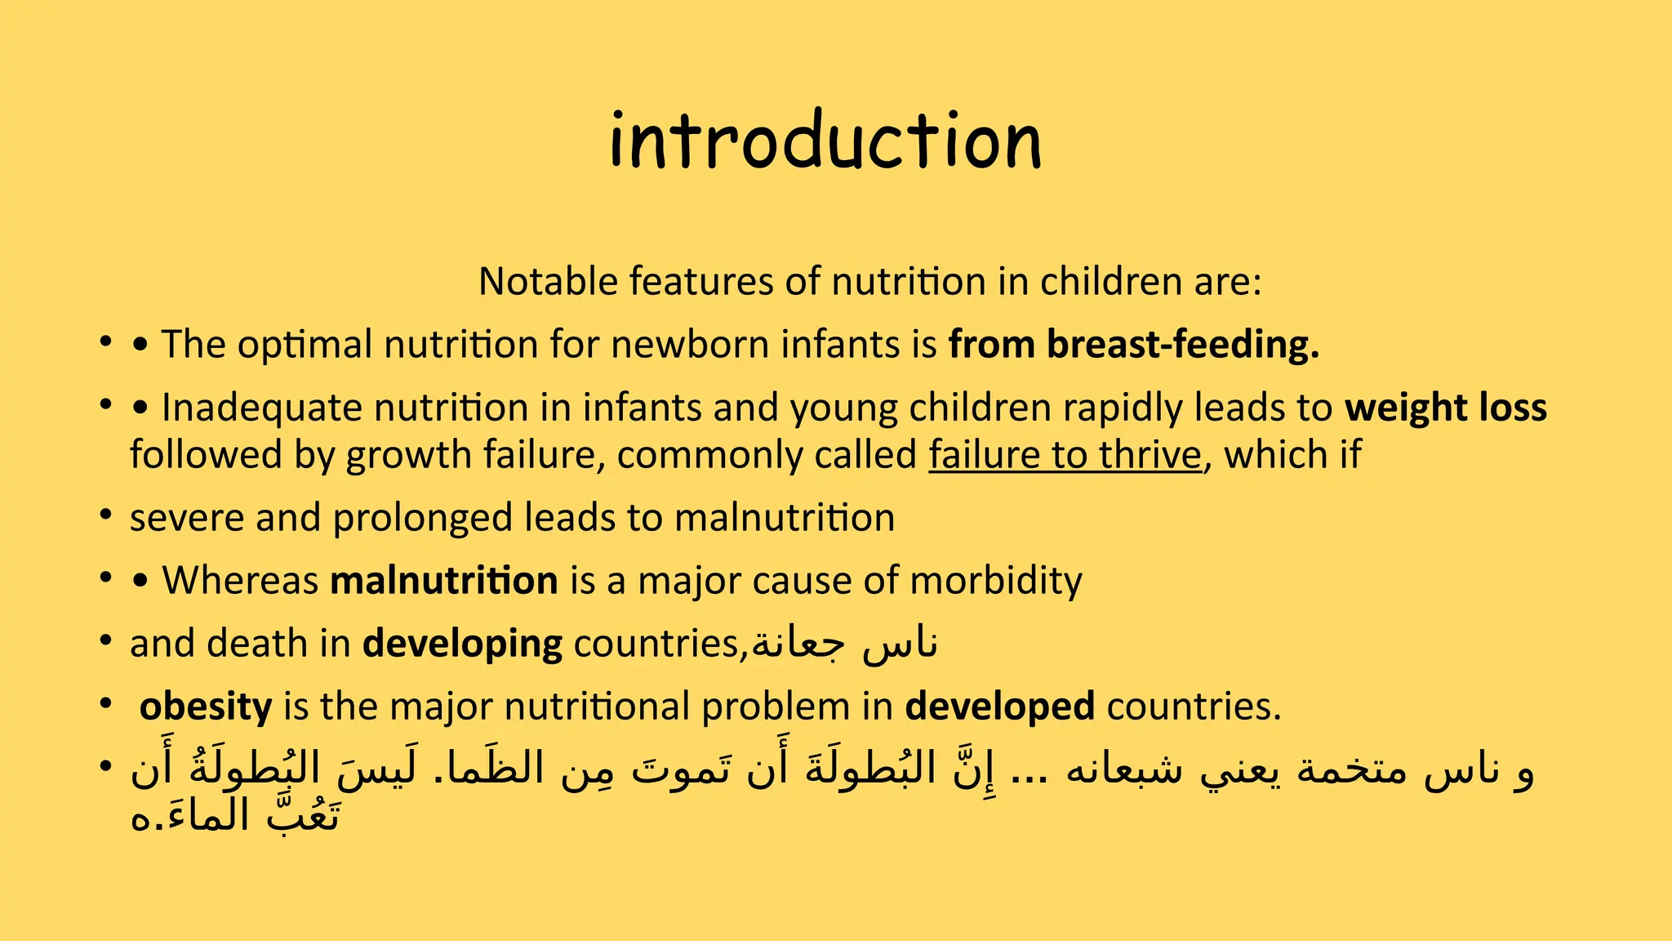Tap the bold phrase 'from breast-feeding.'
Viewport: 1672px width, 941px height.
[x=1133, y=344]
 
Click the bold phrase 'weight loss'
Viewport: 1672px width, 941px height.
[x=1445, y=408]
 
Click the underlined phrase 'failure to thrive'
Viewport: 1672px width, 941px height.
[x=1065, y=455]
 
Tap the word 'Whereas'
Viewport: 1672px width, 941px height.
[x=240, y=581]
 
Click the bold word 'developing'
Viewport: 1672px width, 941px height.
[x=462, y=644]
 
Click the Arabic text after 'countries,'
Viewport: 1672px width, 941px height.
[x=844, y=644]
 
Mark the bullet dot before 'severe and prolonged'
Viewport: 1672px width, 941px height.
[x=105, y=515]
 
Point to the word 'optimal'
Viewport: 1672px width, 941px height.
[x=305, y=344]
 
